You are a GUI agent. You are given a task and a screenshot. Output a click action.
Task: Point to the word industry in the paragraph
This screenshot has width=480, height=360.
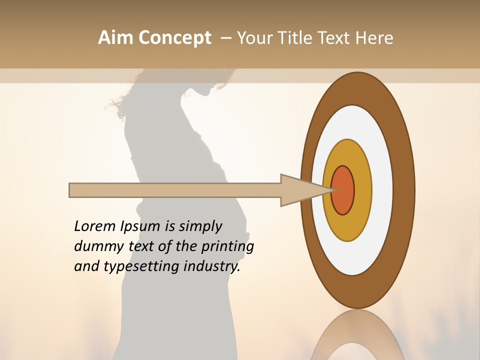coord(212,266)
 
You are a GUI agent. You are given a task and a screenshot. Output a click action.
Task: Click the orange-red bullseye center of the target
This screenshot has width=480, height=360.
coord(343,190)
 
